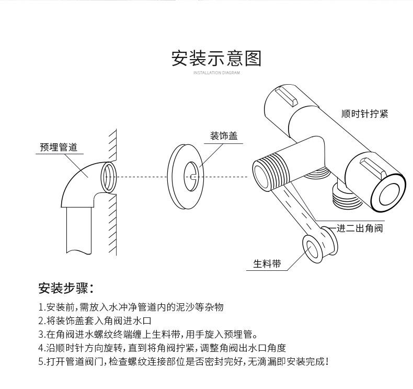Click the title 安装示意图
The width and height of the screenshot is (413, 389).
point(216,58)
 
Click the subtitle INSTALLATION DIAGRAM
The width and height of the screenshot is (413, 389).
point(216,73)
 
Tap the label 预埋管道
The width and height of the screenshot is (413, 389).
point(59,147)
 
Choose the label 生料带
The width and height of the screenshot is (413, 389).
point(267,264)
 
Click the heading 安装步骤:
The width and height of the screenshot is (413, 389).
point(66,288)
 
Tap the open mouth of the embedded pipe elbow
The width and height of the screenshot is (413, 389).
point(108,177)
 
